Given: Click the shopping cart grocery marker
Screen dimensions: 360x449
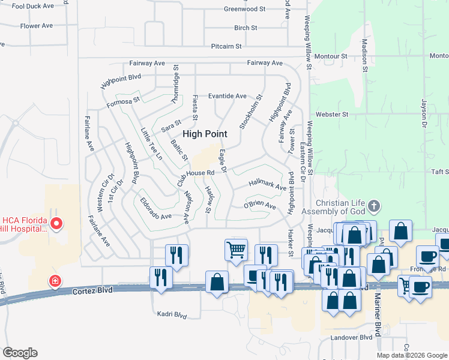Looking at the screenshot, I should [236, 248].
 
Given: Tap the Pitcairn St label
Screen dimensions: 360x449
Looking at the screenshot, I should [226, 46].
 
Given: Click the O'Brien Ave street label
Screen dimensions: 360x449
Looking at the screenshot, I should [259, 206].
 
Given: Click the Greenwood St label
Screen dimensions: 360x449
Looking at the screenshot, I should [244, 9].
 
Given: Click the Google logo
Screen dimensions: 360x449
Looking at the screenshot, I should [20, 353].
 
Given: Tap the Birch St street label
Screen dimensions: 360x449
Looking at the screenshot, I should [246, 28].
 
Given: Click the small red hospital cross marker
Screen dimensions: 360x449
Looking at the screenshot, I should [55, 280].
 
